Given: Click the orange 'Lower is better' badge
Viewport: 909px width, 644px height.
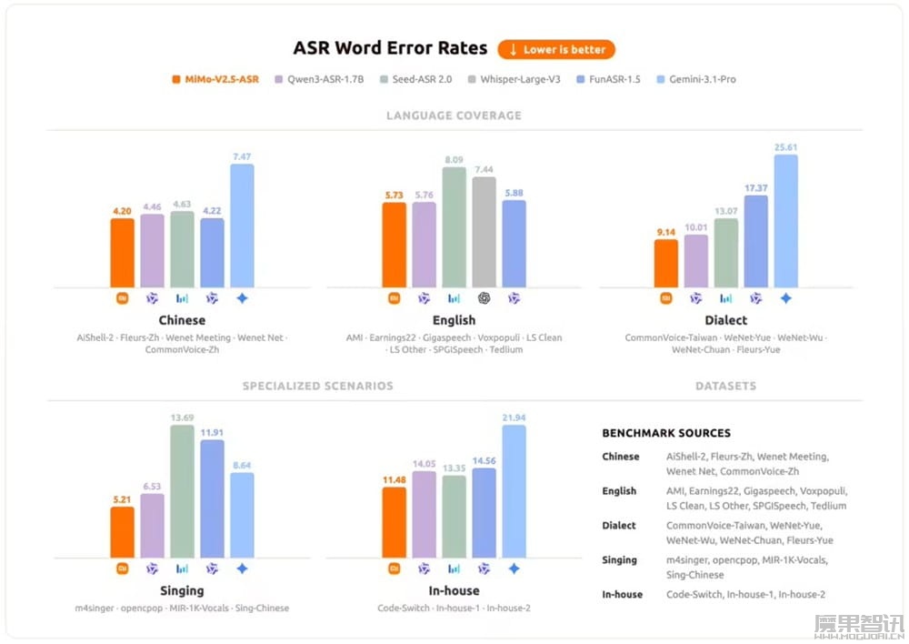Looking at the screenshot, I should pos(556,49).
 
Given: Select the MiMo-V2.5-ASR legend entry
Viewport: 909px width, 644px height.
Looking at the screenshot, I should pos(215,79).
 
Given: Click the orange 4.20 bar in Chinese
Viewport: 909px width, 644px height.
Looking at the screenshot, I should pos(123,253).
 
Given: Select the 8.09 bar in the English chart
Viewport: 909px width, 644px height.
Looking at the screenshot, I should pos(454,227).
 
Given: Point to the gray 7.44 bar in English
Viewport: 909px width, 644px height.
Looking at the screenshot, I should pos(484,232).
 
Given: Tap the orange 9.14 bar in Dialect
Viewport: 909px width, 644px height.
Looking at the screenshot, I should pos(666,263).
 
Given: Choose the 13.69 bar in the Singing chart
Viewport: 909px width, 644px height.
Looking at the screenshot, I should pos(182,491).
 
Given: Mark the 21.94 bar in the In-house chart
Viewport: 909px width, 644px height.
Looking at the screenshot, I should pos(514,491).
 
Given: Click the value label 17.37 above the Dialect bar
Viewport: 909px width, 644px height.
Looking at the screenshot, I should pos(755,188).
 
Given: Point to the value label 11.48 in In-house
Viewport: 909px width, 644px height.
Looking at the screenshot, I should pos(394,480).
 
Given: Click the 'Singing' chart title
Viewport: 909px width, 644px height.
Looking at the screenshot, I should pos(182,591).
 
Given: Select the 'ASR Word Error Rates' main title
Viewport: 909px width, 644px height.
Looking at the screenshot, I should pos(390,49).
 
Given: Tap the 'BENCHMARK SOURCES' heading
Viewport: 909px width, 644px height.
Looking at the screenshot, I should pos(666,433).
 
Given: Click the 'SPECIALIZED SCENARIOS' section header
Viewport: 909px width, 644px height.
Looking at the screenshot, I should pos(317,386).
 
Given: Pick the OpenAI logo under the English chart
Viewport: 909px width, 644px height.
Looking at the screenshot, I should pos(484,297).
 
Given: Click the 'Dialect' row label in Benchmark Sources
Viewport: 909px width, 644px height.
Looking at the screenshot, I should pos(619,526).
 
